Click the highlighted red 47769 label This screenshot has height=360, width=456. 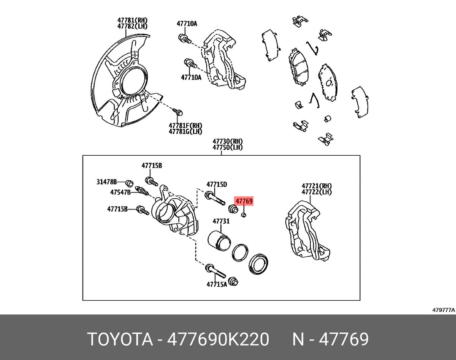point(244,201)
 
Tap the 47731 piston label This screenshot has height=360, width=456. point(221,221)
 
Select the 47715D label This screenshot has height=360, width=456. point(217,185)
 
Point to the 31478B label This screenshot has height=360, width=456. point(106,182)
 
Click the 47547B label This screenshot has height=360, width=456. point(120,192)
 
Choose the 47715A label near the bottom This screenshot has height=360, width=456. point(217,284)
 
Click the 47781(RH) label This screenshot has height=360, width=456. point(133,21)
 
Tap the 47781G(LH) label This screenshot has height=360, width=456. point(185,131)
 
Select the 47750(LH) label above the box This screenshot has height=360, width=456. point(228,147)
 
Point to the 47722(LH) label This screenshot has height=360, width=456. point(317,192)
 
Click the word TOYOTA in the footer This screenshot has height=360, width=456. point(120,339)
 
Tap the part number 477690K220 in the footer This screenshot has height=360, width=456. point(218,339)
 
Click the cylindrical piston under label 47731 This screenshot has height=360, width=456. point(219,241)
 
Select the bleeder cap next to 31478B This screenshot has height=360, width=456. point(129,183)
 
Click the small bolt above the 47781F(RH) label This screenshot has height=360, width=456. point(178,112)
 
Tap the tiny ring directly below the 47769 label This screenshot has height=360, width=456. point(244,215)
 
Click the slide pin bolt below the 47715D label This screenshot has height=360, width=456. point(215,199)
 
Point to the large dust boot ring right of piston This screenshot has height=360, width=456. point(258,264)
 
